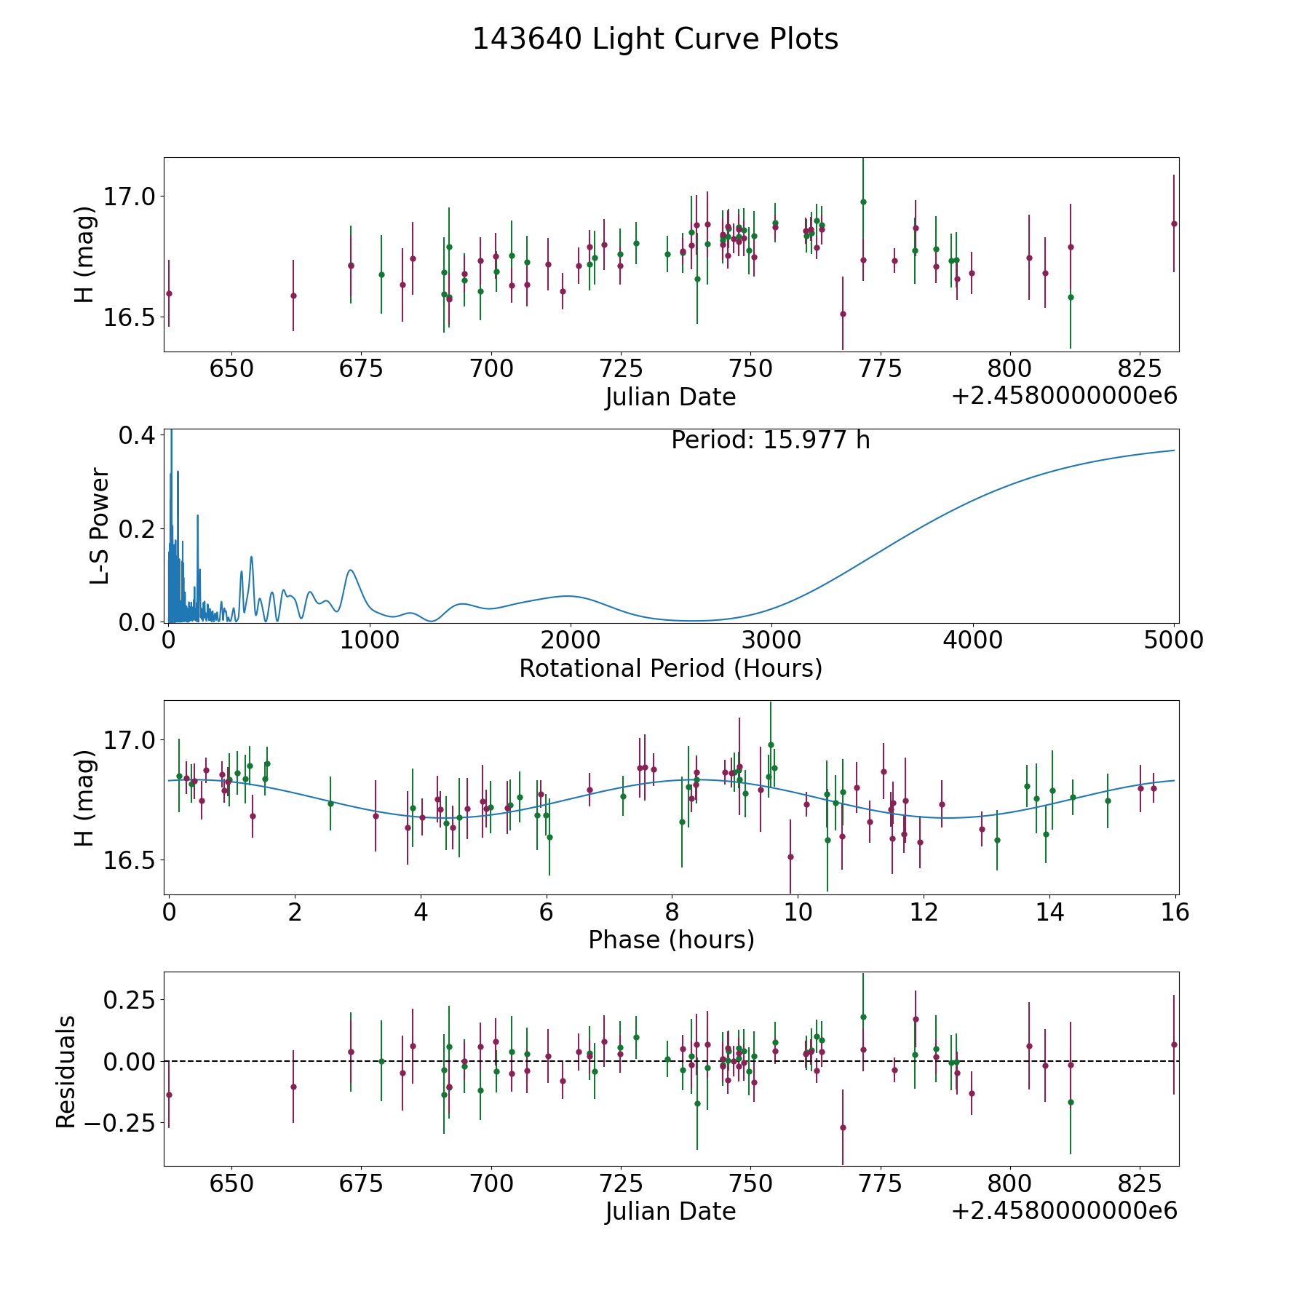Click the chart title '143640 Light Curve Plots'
(655, 39)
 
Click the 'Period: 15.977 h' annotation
(770, 440)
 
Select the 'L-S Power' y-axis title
(100, 526)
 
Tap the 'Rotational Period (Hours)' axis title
(670, 668)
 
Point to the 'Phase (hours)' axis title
(671, 940)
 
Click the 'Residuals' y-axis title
(65, 1071)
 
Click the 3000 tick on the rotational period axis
(771, 640)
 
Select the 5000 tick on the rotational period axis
(1173, 640)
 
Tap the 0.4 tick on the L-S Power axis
(137, 435)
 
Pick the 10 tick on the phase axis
(798, 912)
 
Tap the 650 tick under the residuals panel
(231, 1183)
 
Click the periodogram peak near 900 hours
(351, 570)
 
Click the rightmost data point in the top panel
(1173, 223)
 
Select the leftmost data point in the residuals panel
(169, 1095)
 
